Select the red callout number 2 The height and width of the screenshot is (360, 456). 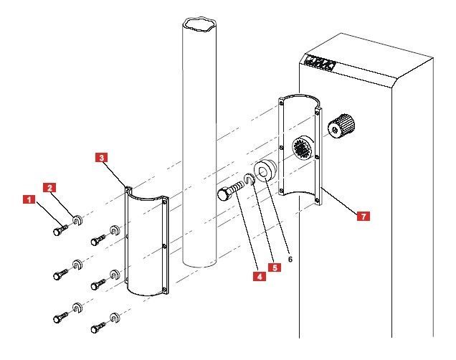point(50,188)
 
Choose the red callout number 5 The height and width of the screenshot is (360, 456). point(273,267)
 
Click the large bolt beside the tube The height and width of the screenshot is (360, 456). point(230,194)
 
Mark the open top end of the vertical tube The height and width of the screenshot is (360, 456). point(197,26)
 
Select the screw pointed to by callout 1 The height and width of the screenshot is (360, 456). point(59,230)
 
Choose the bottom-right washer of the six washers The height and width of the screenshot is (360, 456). point(114,317)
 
